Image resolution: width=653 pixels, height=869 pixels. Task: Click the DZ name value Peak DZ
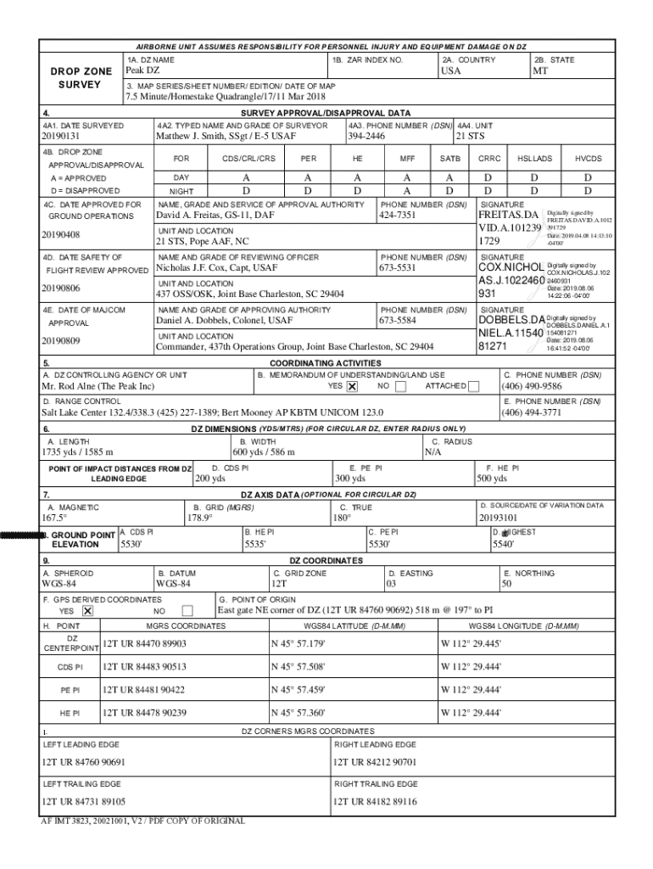click(142, 70)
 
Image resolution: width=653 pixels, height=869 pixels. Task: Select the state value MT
click(540, 70)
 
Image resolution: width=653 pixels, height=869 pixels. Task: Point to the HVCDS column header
click(588, 159)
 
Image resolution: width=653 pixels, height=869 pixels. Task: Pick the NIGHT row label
click(181, 192)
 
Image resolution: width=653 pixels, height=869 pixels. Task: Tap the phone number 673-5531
click(397, 268)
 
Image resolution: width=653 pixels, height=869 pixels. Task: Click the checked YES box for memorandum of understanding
click(352, 387)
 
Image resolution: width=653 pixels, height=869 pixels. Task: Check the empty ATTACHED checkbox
click(473, 387)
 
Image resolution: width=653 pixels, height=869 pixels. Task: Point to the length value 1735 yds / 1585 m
click(78, 452)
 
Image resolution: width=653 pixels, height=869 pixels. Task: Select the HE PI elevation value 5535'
click(255, 544)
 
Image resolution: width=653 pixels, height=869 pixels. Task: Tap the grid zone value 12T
click(279, 584)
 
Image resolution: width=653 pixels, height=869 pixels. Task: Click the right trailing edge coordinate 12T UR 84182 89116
click(375, 801)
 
